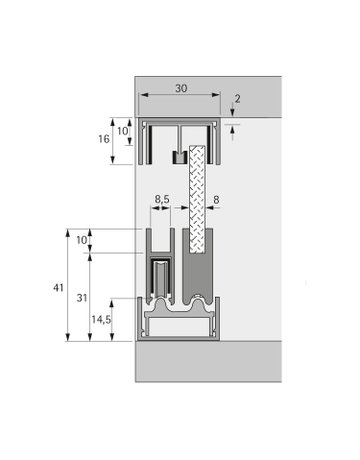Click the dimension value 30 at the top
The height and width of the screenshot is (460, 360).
pyautogui.click(x=180, y=87)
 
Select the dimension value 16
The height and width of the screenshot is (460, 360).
pyautogui.click(x=104, y=142)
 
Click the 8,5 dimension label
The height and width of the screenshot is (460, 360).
pyautogui.click(x=161, y=200)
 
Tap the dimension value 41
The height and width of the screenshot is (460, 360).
pyautogui.click(x=58, y=288)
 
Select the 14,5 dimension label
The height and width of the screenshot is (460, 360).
pyautogui.click(x=102, y=320)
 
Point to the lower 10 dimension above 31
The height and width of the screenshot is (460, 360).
pyautogui.click(x=80, y=240)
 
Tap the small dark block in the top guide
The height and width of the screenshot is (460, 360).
pyautogui.click(x=179, y=157)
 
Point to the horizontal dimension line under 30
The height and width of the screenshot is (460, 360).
pyautogui.click(x=180, y=96)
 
